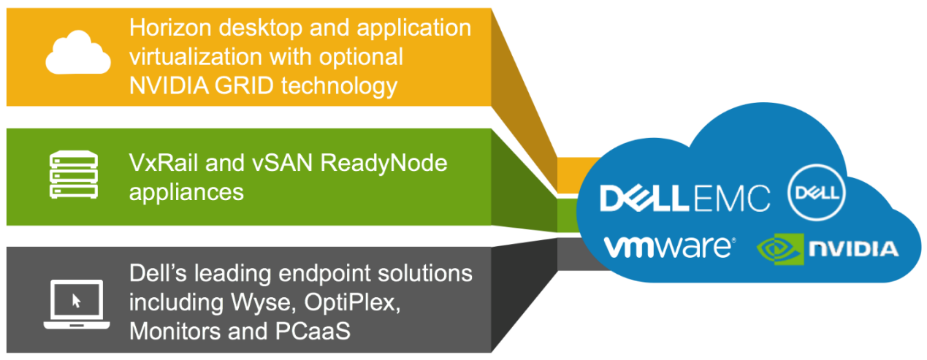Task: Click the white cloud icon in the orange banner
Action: click(x=78, y=53)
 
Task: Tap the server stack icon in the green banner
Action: click(x=74, y=175)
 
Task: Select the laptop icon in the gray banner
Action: click(x=77, y=304)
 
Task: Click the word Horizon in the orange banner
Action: click(x=170, y=28)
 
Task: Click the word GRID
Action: click(x=244, y=86)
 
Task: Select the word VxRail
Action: click(x=164, y=163)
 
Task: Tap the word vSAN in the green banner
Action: click(x=282, y=163)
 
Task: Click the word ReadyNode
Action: click(x=384, y=164)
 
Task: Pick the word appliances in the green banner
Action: click(x=186, y=194)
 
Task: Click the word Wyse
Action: click(x=264, y=303)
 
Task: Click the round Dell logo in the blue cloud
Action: click(x=817, y=193)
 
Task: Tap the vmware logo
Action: click(x=670, y=248)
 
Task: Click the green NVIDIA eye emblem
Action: click(x=780, y=249)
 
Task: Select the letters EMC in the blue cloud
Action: click(x=731, y=199)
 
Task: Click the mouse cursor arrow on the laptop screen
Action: click(x=76, y=301)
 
